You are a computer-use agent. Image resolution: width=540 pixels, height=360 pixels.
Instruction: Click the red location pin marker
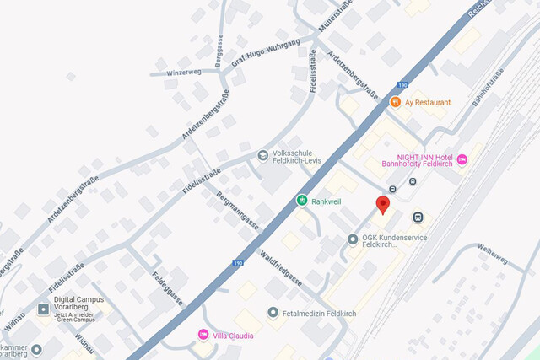tap(382, 204)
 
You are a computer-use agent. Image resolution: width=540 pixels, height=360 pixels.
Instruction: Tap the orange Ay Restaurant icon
tap(395, 102)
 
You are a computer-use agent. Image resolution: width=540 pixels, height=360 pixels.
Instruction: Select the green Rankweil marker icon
tap(301, 201)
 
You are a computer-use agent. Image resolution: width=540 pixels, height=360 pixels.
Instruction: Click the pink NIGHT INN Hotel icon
tap(462, 159)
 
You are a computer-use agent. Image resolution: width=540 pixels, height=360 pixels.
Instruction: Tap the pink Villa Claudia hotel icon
tap(202, 335)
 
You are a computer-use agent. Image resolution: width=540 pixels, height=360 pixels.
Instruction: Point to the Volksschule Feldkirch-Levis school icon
tap(263, 156)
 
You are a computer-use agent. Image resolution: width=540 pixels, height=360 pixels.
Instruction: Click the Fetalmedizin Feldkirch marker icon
tap(273, 313)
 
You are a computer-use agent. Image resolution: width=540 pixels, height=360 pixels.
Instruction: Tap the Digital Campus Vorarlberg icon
tap(43, 309)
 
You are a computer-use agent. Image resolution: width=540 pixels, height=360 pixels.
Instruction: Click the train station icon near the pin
tap(417, 217)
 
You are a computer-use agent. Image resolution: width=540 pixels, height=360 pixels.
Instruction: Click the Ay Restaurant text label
tap(428, 102)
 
